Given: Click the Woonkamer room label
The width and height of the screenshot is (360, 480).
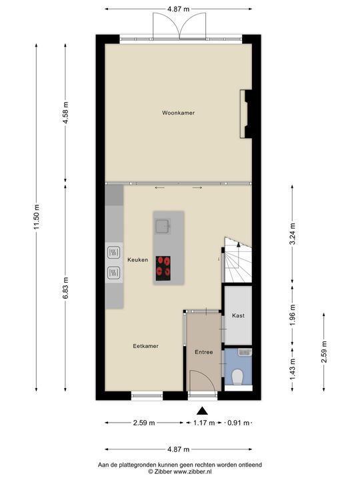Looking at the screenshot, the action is click(x=178, y=113).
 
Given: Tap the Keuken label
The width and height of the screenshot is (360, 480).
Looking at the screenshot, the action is click(x=138, y=259).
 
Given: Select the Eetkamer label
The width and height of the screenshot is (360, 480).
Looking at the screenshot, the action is click(x=146, y=346).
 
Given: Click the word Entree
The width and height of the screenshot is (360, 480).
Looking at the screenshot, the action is click(x=204, y=352).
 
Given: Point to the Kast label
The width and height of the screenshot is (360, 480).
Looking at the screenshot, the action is click(x=238, y=315).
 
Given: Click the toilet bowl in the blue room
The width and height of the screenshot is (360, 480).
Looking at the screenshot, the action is click(x=237, y=377).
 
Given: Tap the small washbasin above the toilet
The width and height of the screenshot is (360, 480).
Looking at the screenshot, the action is click(x=245, y=352).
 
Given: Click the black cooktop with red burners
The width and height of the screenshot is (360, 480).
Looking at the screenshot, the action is click(x=163, y=268).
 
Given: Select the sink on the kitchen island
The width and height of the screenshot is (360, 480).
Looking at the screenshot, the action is click(x=163, y=227).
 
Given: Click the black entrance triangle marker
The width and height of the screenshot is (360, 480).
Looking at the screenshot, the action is click(x=202, y=411).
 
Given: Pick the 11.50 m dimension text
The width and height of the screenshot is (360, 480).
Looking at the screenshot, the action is click(x=37, y=217).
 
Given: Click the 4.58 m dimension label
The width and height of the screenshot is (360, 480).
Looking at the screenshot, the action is click(x=65, y=113).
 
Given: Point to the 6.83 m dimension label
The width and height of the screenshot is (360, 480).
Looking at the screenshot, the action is click(x=65, y=288).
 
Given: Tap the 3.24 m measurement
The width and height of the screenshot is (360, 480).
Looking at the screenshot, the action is click(x=293, y=234).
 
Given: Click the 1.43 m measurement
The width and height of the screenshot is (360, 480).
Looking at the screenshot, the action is click(x=293, y=369).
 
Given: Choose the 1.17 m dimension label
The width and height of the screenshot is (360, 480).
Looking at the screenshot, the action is click(x=204, y=423).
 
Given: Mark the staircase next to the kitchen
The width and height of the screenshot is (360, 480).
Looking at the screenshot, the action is click(x=238, y=259).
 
